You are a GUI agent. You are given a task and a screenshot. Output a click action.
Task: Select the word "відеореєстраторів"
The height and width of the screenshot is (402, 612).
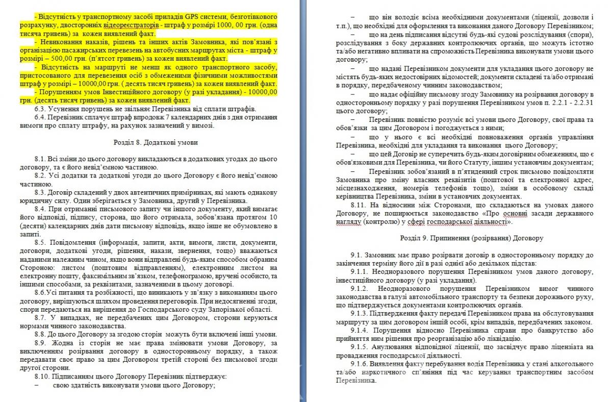pos(131,24)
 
